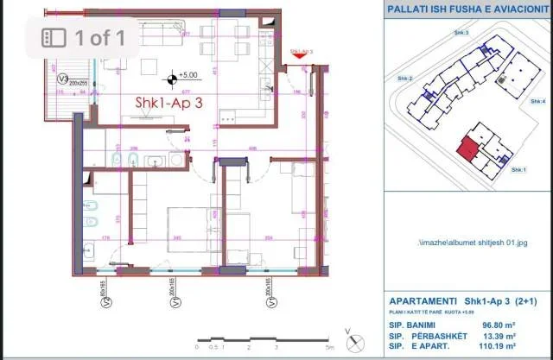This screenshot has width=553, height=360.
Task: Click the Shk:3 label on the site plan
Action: [x=461, y=32]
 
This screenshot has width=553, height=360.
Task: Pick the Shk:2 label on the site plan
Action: [x=404, y=79]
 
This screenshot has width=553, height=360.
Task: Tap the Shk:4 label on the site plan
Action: [x=537, y=100]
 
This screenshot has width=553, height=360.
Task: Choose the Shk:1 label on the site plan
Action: [x=518, y=170]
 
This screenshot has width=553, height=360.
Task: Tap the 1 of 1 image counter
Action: [x=84, y=37]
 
